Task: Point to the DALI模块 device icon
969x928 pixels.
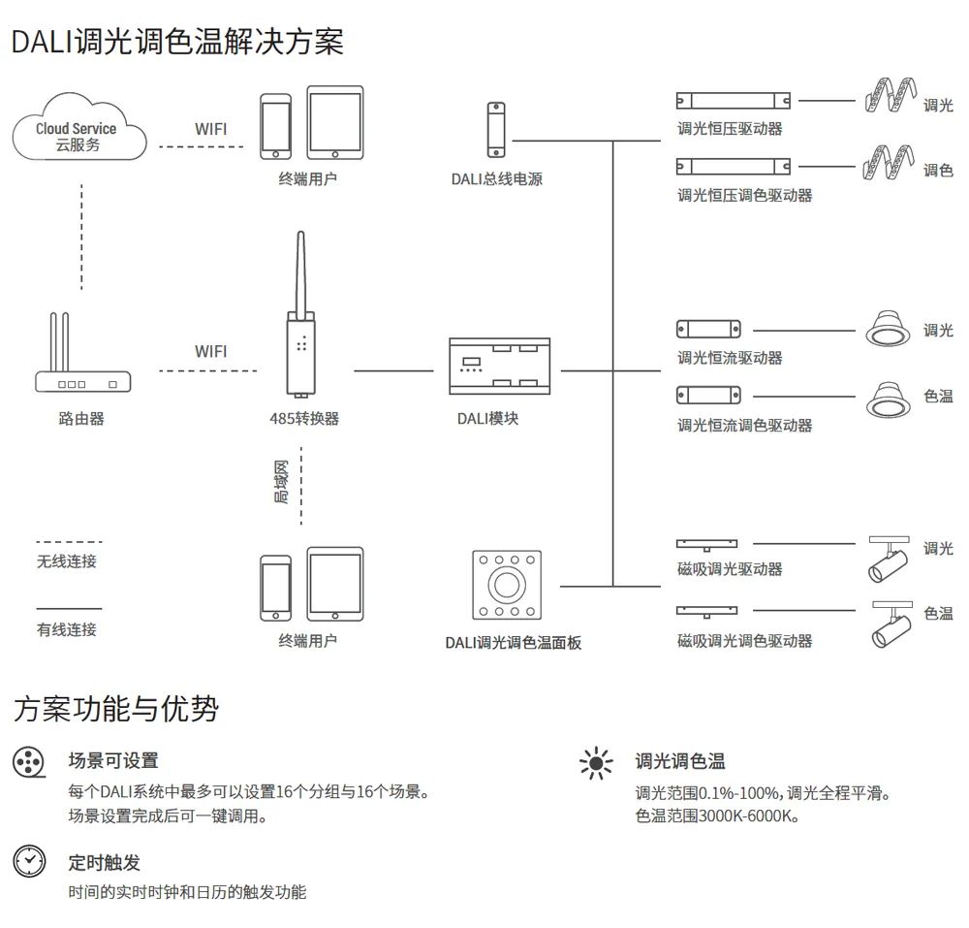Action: [498, 367]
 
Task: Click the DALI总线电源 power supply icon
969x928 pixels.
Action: [496, 131]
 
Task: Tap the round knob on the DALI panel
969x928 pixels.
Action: [506, 585]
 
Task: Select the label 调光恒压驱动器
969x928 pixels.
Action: [730, 128]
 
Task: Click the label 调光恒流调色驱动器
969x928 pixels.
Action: [744, 425]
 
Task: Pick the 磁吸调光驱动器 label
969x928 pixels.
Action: [730, 569]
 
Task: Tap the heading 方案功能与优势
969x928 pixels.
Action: [115, 709]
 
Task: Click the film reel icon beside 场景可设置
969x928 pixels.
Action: [29, 762]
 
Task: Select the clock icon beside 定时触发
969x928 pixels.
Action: [29, 860]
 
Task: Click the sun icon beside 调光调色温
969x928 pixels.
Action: [596, 763]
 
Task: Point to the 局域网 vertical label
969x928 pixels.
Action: [281, 482]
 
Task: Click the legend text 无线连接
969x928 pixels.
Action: [67, 561]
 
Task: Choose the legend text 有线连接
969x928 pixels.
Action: [67, 629]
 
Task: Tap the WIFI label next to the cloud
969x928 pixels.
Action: [211, 129]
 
